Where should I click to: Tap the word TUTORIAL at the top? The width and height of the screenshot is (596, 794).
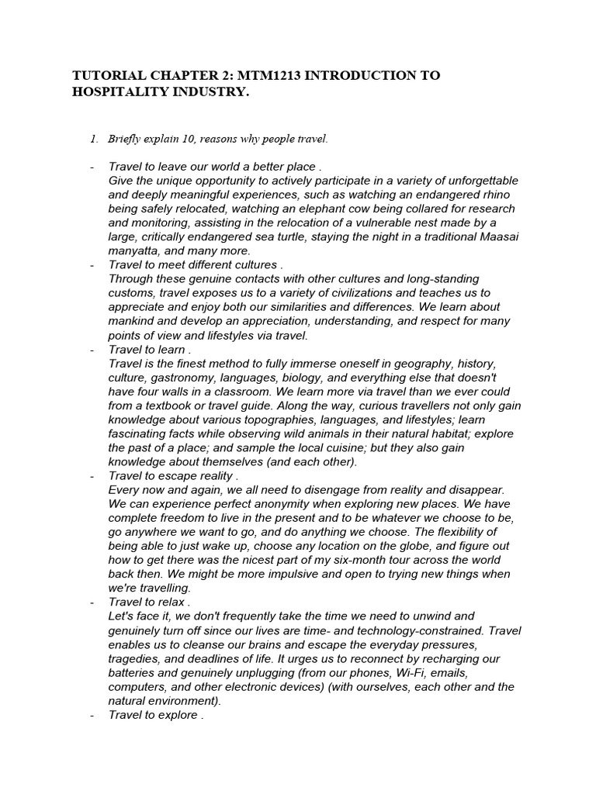tap(106, 75)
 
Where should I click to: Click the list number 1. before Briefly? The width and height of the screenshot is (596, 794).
tap(94, 140)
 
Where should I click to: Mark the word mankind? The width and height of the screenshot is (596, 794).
tap(133, 321)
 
